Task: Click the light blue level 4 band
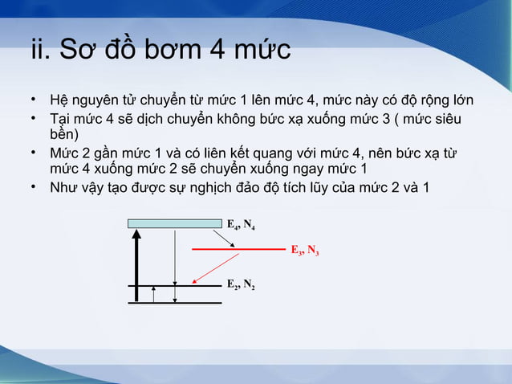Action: [x=174, y=223]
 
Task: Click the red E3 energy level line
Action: [x=238, y=250]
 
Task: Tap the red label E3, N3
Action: [x=304, y=251]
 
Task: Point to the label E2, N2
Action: [x=241, y=284]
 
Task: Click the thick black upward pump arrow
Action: [x=137, y=265]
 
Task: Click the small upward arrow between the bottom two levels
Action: [x=153, y=294]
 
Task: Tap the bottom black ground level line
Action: [x=175, y=303]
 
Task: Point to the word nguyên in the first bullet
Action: [x=95, y=101]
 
